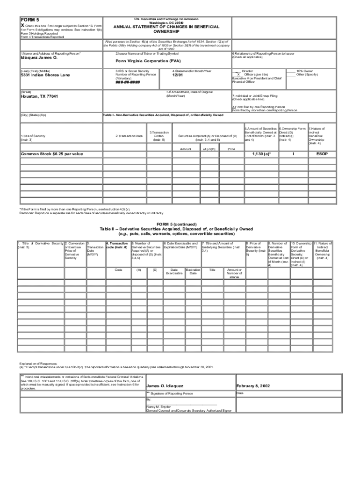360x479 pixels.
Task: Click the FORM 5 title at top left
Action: (x=29, y=20)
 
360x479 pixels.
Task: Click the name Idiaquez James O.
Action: (x=39, y=58)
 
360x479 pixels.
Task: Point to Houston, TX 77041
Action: (x=40, y=96)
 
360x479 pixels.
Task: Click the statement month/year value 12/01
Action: (x=178, y=75)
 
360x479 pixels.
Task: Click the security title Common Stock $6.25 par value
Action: (x=52, y=153)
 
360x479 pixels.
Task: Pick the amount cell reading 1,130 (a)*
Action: (x=261, y=153)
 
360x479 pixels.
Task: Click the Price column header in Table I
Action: (x=231, y=149)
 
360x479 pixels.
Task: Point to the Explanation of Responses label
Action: (x=38, y=363)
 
